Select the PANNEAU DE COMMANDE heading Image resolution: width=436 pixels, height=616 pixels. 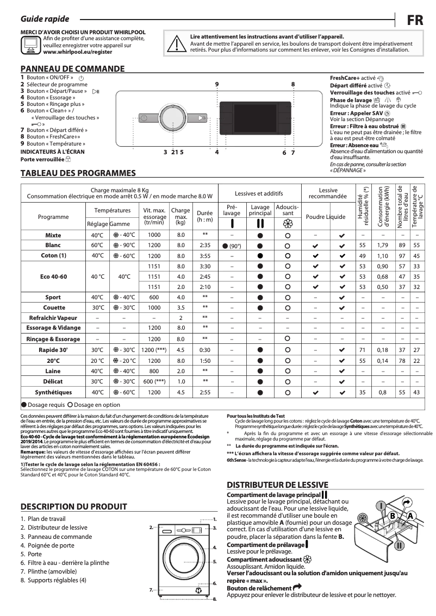click(x=72, y=69)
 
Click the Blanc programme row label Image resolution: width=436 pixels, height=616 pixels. click(x=53, y=246)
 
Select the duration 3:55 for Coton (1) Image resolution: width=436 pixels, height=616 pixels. click(x=205, y=256)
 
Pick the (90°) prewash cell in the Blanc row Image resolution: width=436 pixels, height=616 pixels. click(x=232, y=246)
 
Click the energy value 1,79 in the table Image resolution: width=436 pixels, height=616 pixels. click(x=383, y=246)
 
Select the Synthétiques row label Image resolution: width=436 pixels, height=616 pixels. click(x=53, y=392)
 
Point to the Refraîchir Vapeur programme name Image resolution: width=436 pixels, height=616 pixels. click(x=53, y=318)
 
